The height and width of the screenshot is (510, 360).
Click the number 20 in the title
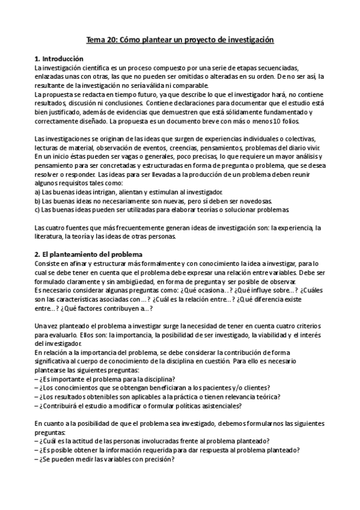click(x=112, y=40)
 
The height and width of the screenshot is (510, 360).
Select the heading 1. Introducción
click(x=59, y=59)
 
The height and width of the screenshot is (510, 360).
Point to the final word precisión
click(x=155, y=459)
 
